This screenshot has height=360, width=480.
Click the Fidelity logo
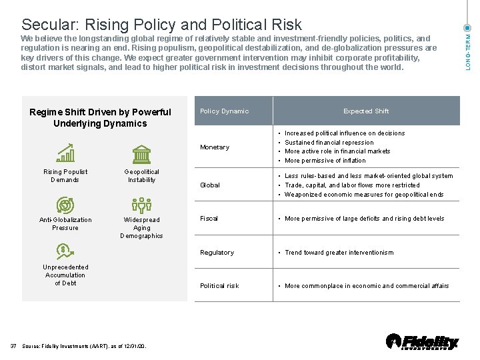point(422,342)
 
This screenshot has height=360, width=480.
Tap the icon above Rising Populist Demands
point(65,153)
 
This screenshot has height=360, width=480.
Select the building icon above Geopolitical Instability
point(141,154)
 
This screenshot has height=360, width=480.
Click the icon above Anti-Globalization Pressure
point(65,205)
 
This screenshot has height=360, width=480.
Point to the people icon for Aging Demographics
point(141,205)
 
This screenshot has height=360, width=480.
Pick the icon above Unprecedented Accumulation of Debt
point(65,252)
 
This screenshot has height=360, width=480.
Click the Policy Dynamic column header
point(224,111)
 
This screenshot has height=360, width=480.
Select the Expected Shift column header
point(366,111)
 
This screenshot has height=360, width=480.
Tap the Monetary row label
point(215,147)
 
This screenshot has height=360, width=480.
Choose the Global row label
point(210,185)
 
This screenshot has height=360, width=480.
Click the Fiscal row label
point(209,219)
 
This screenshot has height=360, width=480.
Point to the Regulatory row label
point(217,253)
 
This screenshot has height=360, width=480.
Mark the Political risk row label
point(219,286)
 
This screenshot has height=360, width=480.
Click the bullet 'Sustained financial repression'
point(329,143)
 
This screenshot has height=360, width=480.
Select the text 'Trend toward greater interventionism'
point(339,253)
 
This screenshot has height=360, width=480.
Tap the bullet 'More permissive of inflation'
point(325,161)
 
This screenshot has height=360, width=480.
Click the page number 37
point(13,346)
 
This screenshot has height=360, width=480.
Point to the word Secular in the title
point(49,25)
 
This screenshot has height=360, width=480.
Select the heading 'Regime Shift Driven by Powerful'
point(100,112)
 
